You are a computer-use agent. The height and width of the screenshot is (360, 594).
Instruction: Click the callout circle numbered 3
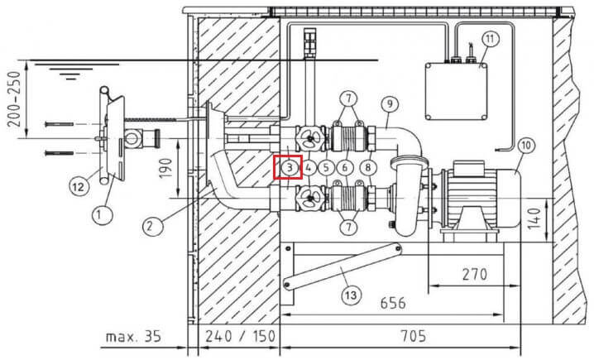[290, 167]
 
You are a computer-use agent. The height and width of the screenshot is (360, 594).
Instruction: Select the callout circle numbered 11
[491, 39]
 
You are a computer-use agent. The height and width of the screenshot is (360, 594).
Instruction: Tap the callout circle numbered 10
[526, 145]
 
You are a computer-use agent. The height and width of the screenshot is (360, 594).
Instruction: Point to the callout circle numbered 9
[390, 103]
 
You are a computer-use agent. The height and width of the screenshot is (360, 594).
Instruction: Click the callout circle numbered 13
[351, 295]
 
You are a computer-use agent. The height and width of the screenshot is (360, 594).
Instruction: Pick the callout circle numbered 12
[79, 186]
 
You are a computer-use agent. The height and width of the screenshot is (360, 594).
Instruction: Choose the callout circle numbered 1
[103, 215]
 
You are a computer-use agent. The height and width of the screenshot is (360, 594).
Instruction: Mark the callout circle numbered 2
[153, 227]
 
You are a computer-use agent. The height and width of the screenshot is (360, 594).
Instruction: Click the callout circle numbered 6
[345, 167]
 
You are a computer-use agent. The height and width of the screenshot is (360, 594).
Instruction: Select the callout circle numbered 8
[368, 167]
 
